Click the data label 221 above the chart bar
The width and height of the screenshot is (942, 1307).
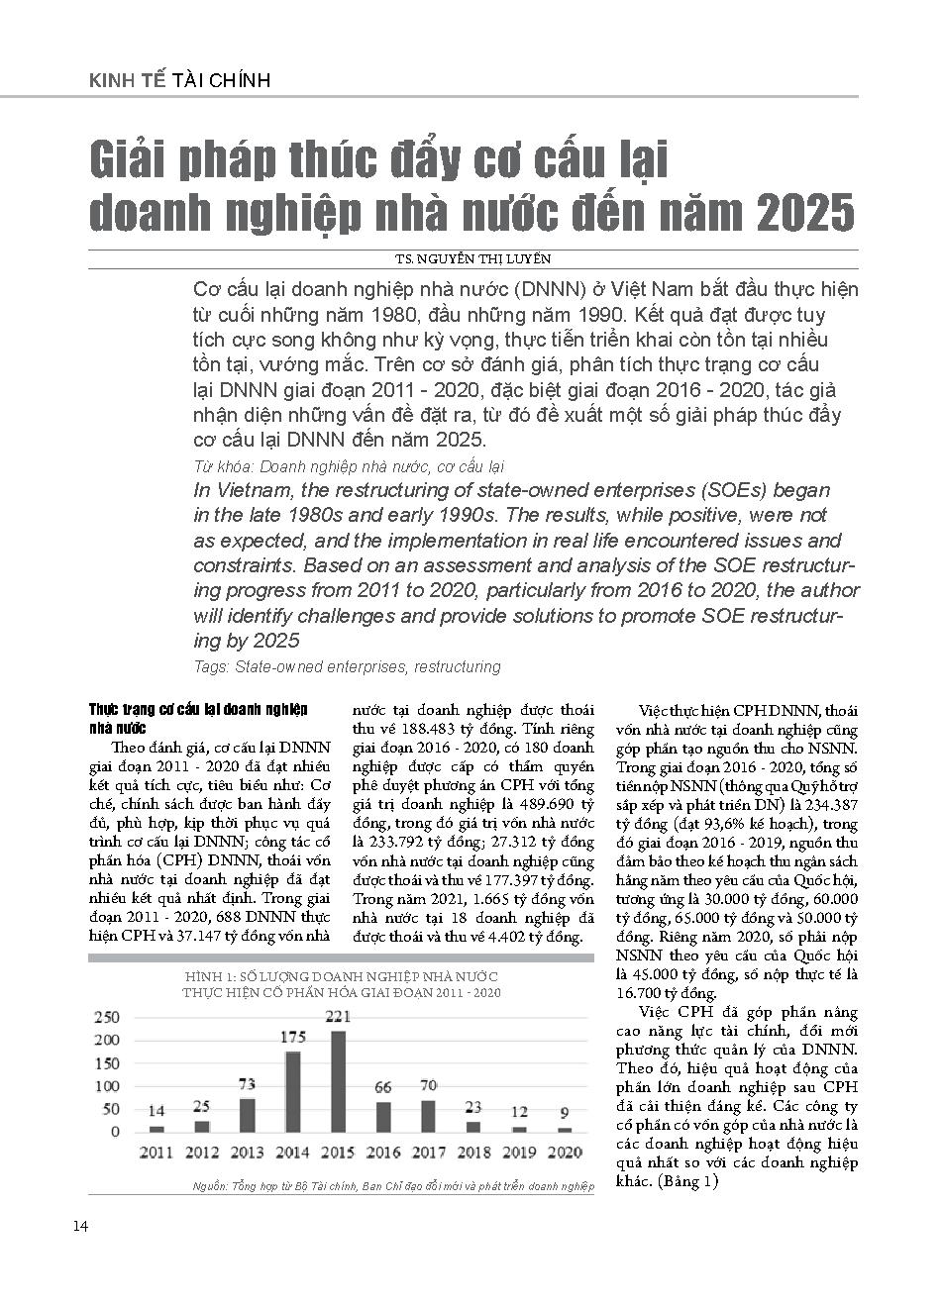(x=339, y=1016)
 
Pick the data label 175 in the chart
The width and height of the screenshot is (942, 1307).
(x=293, y=1038)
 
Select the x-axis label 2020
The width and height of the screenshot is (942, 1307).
(x=565, y=1152)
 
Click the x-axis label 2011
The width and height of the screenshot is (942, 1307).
(x=157, y=1152)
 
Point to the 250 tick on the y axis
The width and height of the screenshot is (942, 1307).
(x=106, y=1017)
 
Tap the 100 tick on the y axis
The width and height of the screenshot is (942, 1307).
(x=106, y=1086)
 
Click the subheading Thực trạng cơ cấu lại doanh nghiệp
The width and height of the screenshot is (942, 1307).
(x=198, y=711)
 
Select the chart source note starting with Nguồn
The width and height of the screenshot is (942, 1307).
(x=391, y=1185)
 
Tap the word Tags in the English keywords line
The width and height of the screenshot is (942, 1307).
(x=211, y=667)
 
